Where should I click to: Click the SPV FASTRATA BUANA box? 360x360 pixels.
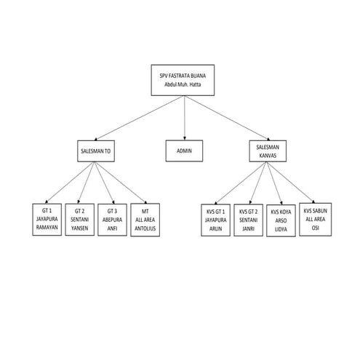183,80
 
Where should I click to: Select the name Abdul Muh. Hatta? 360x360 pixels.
183,84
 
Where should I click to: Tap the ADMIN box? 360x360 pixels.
184,151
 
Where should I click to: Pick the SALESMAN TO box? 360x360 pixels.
96,151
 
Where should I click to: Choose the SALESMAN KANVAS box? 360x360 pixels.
268,151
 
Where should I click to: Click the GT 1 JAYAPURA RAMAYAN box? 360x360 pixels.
47,220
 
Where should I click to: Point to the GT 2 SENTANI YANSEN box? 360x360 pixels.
79,220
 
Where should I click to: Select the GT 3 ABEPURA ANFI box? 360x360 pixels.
112,220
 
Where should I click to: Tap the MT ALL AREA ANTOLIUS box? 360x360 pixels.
145,220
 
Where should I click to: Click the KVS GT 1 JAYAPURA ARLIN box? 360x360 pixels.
215,220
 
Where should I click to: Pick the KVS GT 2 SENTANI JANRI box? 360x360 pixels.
248,220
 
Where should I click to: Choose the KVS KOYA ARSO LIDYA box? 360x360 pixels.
281,220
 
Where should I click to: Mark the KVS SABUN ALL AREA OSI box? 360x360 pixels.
315,220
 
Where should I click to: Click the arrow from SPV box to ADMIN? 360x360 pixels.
185,118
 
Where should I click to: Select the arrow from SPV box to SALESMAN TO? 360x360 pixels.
138,118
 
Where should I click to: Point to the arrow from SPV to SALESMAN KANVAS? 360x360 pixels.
228,118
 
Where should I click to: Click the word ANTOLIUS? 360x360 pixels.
145,228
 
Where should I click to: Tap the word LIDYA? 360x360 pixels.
281,229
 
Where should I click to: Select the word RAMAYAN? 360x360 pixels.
47,228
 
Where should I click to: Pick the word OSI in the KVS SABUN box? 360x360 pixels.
315,228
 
